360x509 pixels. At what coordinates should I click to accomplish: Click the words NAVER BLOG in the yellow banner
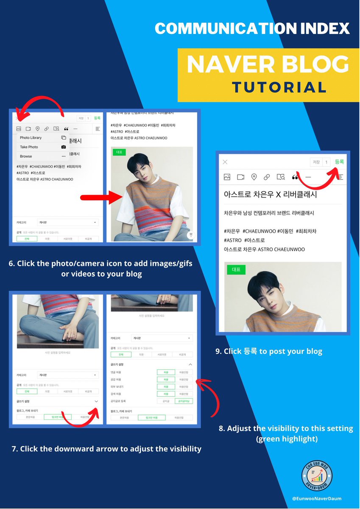[x=268, y=64]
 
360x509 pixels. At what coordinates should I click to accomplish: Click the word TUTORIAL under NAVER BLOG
[x=279, y=87]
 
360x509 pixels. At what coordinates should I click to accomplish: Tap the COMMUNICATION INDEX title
[x=252, y=29]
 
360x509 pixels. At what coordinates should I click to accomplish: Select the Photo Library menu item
[x=31, y=138]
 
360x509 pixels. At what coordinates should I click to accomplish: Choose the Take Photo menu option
[x=29, y=147]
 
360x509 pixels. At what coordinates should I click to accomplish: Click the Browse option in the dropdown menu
[x=26, y=156]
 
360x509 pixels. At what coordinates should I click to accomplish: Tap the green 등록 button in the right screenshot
[x=339, y=162]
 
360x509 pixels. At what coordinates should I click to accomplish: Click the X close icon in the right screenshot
[x=225, y=162]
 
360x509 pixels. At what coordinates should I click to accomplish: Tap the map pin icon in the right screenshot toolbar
[x=254, y=177]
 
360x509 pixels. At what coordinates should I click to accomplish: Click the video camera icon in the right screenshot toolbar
[x=240, y=177]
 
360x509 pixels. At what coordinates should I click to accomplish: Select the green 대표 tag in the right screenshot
[x=236, y=269]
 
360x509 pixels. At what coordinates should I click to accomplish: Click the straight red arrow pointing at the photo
[x=102, y=197]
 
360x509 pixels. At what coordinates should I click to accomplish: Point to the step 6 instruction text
[x=100, y=268]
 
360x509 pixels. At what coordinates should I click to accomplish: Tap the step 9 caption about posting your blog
[x=269, y=351]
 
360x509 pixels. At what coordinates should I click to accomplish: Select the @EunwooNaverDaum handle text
[x=317, y=499]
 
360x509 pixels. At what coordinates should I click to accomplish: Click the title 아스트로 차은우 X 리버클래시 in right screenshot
[x=270, y=195]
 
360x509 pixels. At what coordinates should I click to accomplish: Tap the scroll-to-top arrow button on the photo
[x=191, y=235]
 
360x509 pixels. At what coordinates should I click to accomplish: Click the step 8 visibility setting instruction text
[x=286, y=433]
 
